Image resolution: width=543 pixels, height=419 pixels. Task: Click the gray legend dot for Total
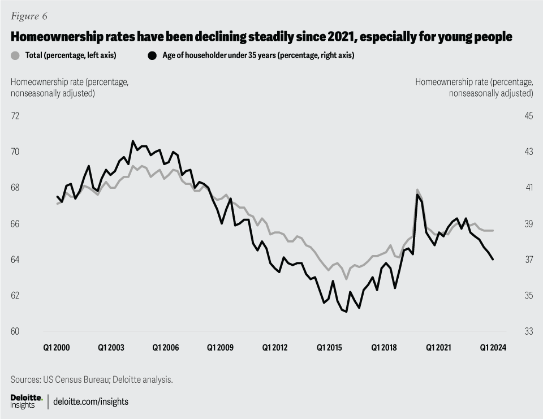[x=15, y=55]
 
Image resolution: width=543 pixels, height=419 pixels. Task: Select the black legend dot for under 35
[x=152, y=55]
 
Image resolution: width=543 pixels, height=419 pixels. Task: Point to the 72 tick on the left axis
[x=15, y=116]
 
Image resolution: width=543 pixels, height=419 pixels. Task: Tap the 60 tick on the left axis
[x=15, y=331]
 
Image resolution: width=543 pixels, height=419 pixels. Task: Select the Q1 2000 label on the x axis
[x=57, y=348]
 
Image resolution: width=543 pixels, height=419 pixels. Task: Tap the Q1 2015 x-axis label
[x=330, y=348]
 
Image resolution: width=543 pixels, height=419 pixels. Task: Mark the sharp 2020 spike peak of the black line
[x=417, y=195]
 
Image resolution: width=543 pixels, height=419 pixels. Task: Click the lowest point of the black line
[x=346, y=312]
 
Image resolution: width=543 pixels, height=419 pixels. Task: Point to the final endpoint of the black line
[x=493, y=260]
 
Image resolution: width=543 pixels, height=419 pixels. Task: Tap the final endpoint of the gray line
[x=493, y=231]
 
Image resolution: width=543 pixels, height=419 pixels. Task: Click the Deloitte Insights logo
[x=26, y=401]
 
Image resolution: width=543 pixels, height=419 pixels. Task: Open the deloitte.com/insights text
[x=91, y=401]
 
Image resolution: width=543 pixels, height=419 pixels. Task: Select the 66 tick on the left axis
[x=15, y=224]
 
